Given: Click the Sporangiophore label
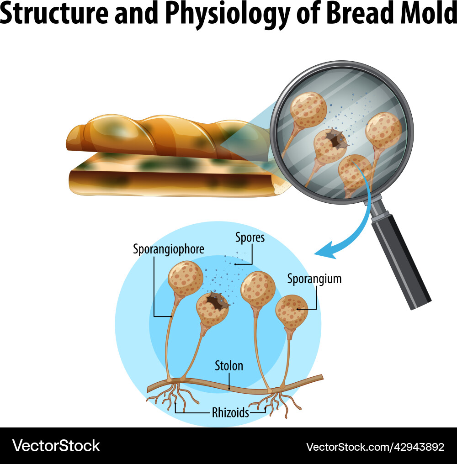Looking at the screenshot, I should click(x=168, y=249).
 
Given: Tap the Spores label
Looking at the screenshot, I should click(x=250, y=238).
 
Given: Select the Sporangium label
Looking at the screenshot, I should click(x=314, y=279).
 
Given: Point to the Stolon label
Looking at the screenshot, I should click(x=229, y=366).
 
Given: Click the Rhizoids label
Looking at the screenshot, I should click(x=230, y=413).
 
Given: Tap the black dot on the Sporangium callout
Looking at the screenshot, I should click(x=298, y=309).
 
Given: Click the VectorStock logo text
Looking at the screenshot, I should click(x=56, y=445).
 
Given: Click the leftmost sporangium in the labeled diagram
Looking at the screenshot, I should click(x=185, y=278).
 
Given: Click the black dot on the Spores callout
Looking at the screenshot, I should click(x=235, y=264).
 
